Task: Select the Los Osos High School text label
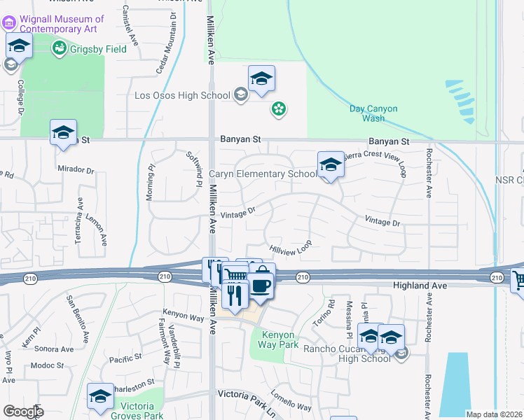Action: tap(182, 95)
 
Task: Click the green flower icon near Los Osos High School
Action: tap(279, 108)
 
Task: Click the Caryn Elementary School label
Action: tap(263, 174)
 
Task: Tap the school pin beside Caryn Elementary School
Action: tap(330, 165)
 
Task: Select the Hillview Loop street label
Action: tap(290, 247)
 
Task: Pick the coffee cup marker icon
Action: tap(261, 287)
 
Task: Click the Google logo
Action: tap(23, 412)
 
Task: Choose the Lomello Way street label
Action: tap(291, 401)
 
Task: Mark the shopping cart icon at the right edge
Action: tap(518, 281)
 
